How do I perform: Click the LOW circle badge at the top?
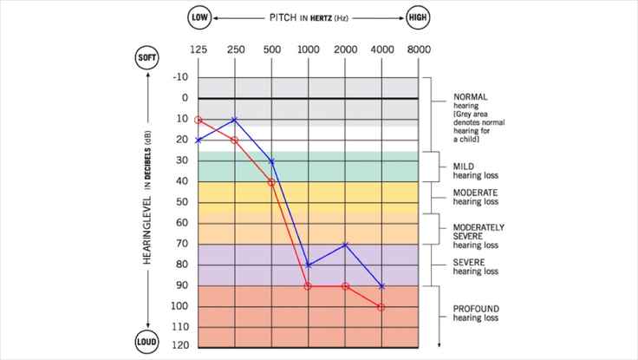(x=199, y=17)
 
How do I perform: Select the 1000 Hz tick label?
(x=309, y=50)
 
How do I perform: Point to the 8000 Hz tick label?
(x=419, y=50)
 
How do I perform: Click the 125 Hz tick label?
(x=199, y=50)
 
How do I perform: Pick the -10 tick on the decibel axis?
(x=180, y=77)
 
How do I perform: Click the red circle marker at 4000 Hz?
(x=381, y=307)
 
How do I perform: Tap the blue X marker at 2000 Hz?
(x=345, y=245)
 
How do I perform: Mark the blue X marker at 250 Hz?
(x=235, y=119)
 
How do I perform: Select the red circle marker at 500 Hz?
(x=271, y=182)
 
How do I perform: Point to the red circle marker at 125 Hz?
(x=199, y=120)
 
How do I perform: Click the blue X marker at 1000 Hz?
(x=309, y=265)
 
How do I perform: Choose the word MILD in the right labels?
(x=464, y=166)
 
